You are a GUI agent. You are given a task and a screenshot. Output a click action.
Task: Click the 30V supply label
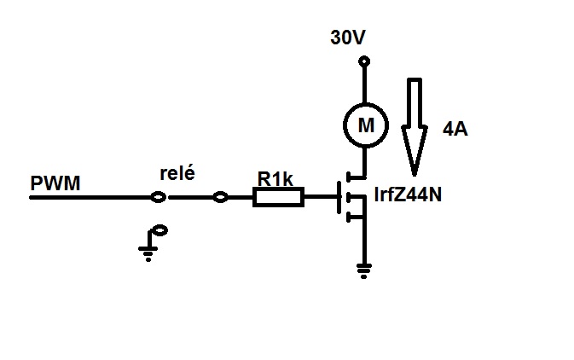pyautogui.click(x=348, y=38)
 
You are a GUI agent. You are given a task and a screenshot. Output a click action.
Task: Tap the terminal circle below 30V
pyautogui.click(x=364, y=61)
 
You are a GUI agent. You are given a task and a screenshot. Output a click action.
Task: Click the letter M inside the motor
pyautogui.click(x=366, y=125)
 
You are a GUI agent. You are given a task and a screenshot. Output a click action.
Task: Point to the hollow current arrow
pyautogui.click(x=415, y=126)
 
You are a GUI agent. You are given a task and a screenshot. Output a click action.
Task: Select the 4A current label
pyautogui.click(x=455, y=130)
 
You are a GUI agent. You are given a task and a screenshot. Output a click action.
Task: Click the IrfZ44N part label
pyautogui.click(x=408, y=195)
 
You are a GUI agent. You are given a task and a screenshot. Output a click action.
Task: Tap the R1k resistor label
pyautogui.click(x=275, y=179)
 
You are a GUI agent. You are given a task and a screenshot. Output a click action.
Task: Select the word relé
pyautogui.click(x=177, y=173)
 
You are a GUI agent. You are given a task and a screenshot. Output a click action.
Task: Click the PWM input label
pyautogui.click(x=55, y=183)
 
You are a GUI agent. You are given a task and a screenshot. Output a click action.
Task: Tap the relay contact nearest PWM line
pyautogui.click(x=159, y=197)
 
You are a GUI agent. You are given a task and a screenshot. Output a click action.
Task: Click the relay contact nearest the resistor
pyautogui.click(x=220, y=197)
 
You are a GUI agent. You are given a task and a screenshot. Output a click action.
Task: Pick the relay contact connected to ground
pyautogui.click(x=159, y=230)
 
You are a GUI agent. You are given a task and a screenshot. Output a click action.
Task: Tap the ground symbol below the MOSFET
pyautogui.click(x=363, y=271)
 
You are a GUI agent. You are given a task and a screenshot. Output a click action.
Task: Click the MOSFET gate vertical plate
pyautogui.click(x=339, y=197)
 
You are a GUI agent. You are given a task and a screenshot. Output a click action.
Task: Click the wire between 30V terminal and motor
pyautogui.click(x=364, y=84)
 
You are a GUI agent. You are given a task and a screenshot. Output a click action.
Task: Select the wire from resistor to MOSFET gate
pyautogui.click(x=321, y=197)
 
